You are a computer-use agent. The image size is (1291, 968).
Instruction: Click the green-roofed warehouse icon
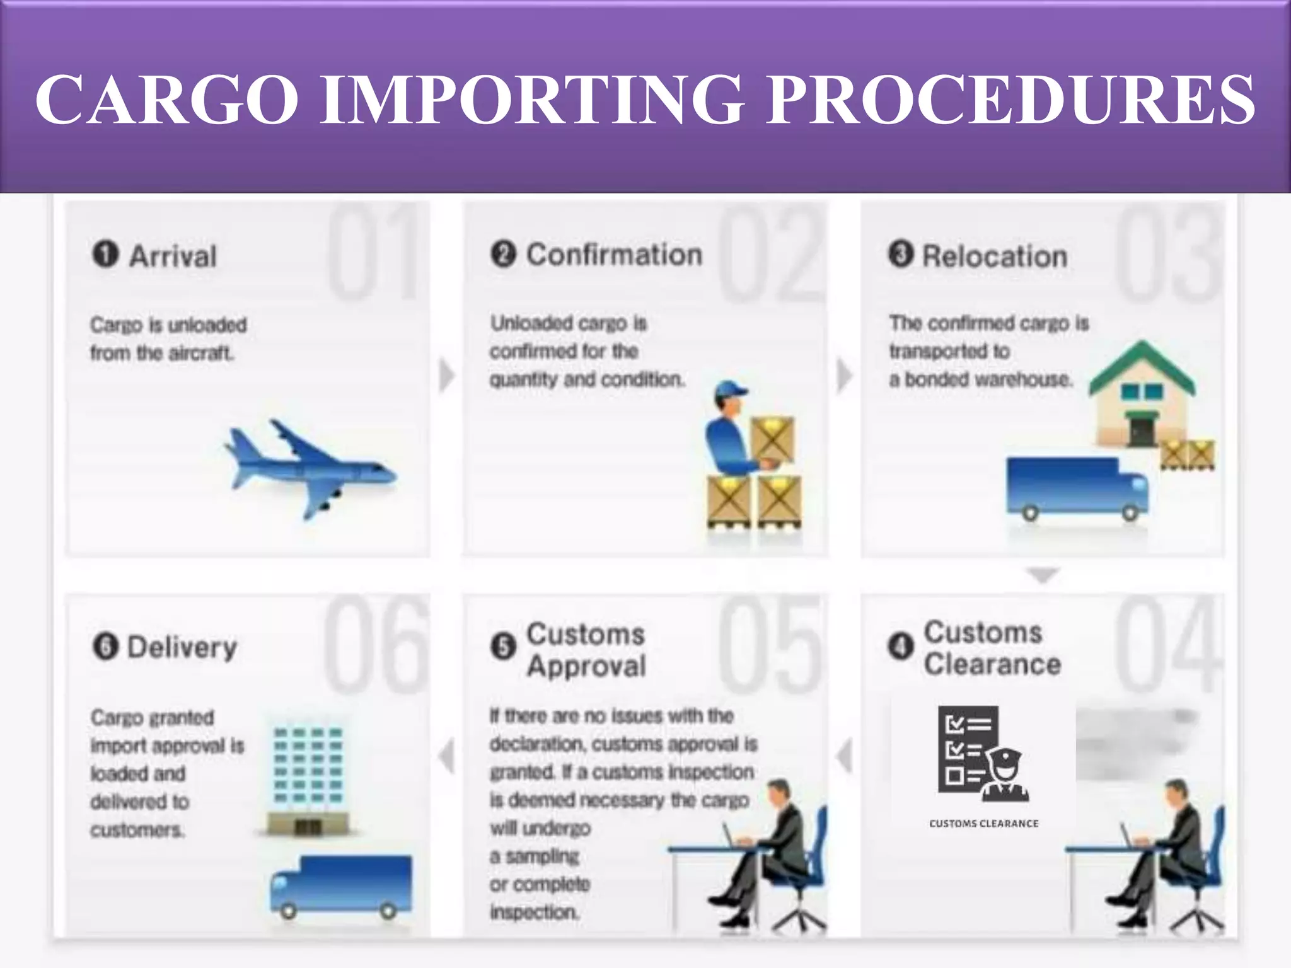1142,394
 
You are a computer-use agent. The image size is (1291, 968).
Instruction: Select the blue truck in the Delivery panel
341,886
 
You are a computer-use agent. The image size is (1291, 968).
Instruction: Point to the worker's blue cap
731,388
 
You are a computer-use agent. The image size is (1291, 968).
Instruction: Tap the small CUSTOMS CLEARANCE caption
983,823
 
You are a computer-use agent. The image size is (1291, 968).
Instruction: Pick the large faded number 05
770,644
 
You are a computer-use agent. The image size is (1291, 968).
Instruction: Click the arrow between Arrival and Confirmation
446,376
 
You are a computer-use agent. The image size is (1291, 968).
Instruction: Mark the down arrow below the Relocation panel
1043,575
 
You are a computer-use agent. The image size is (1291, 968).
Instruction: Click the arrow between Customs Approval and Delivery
446,756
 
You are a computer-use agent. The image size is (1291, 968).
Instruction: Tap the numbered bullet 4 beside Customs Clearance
901,646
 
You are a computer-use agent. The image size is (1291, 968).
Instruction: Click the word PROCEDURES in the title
1010,100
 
